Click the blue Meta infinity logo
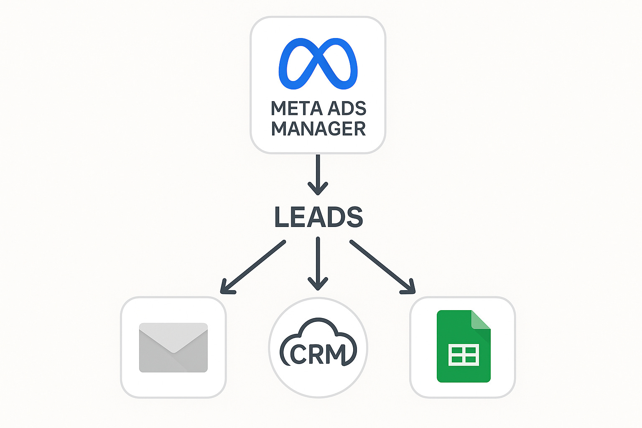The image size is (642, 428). (x=318, y=64)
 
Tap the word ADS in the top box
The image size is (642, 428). (x=347, y=109)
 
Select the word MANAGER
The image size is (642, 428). (x=318, y=129)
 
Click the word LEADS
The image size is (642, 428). (x=318, y=217)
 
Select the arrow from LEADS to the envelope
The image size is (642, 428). (x=253, y=267)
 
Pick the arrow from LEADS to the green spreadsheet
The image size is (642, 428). (x=382, y=267)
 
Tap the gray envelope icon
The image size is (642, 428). (x=173, y=347)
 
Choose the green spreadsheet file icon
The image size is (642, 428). (x=463, y=346)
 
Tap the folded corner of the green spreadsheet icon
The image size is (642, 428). (x=480, y=319)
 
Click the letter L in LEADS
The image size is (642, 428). (x=282, y=217)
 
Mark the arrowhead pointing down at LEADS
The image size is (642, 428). (x=318, y=189)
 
